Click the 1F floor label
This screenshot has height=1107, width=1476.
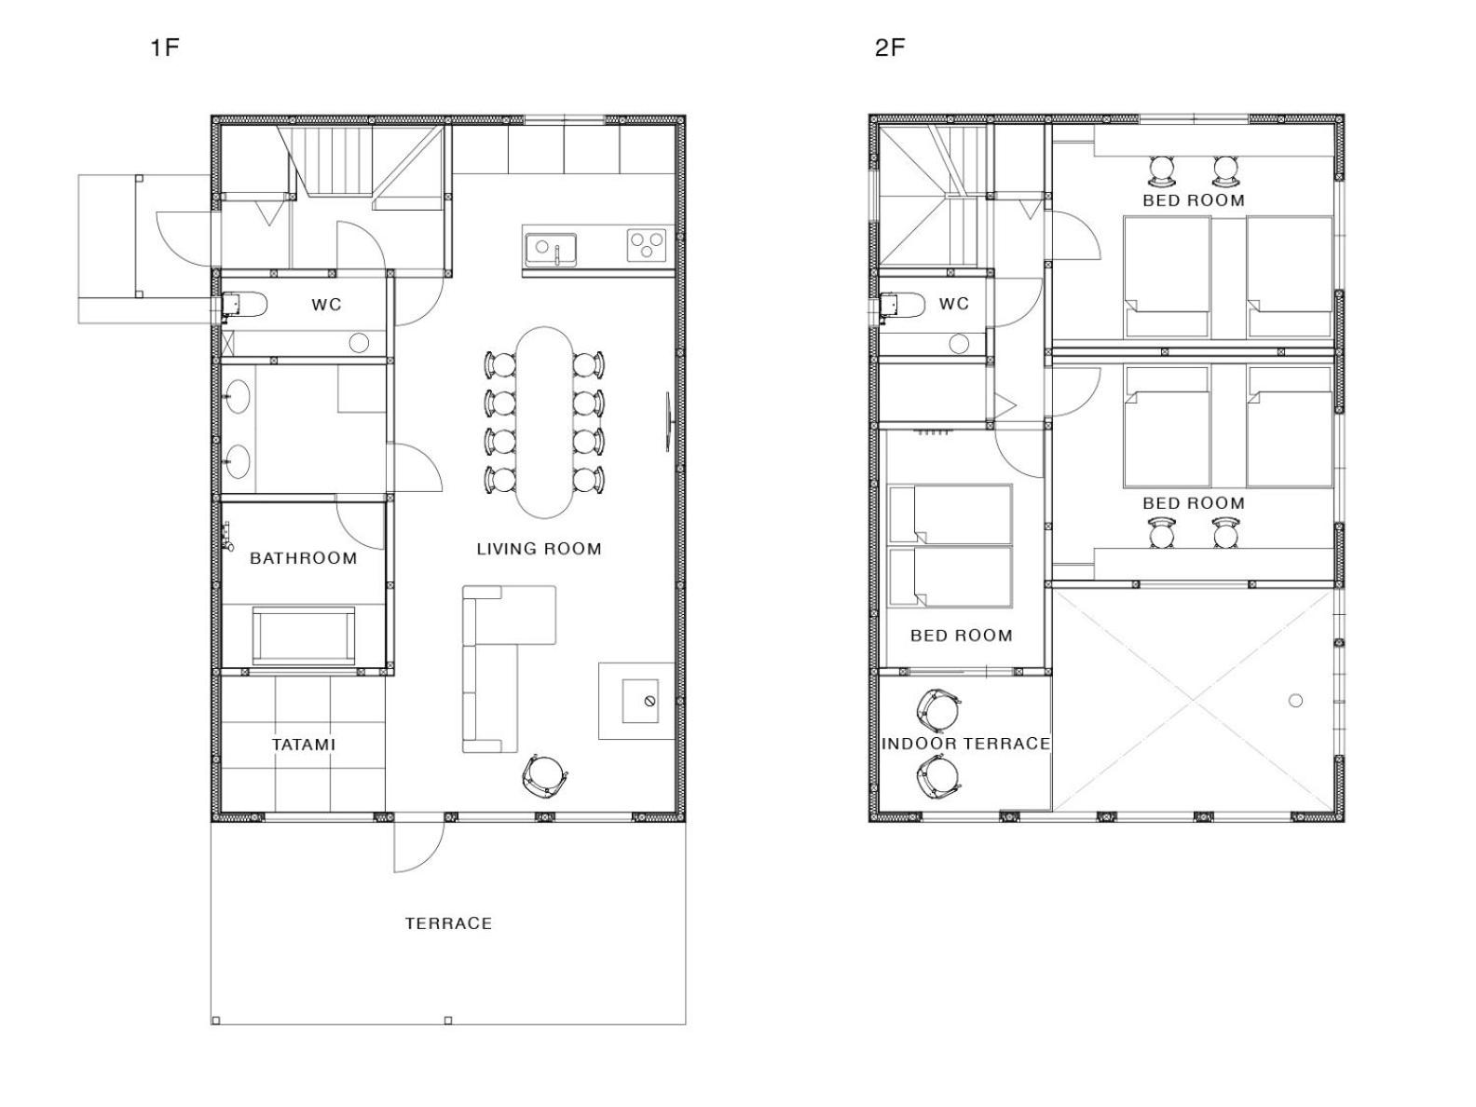[165, 48]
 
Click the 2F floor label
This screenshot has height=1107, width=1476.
[890, 48]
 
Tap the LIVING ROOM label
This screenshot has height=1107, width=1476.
[539, 549]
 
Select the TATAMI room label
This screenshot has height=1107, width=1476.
[303, 745]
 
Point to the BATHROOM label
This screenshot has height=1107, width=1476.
[303, 558]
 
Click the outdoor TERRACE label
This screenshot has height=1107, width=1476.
[448, 923]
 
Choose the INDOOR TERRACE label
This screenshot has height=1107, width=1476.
[965, 744]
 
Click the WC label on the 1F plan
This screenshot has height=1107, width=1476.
[326, 305]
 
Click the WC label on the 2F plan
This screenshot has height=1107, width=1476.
[953, 304]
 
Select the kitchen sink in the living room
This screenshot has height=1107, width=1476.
[551, 250]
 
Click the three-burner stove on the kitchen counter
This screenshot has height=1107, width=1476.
[646, 245]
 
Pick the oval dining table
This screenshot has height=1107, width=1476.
[544, 422]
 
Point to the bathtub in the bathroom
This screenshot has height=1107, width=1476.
[303, 635]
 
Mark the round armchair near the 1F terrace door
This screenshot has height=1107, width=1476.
[545, 776]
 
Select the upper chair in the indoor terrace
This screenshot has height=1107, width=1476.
[938, 711]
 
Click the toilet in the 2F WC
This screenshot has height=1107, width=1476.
[902, 305]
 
